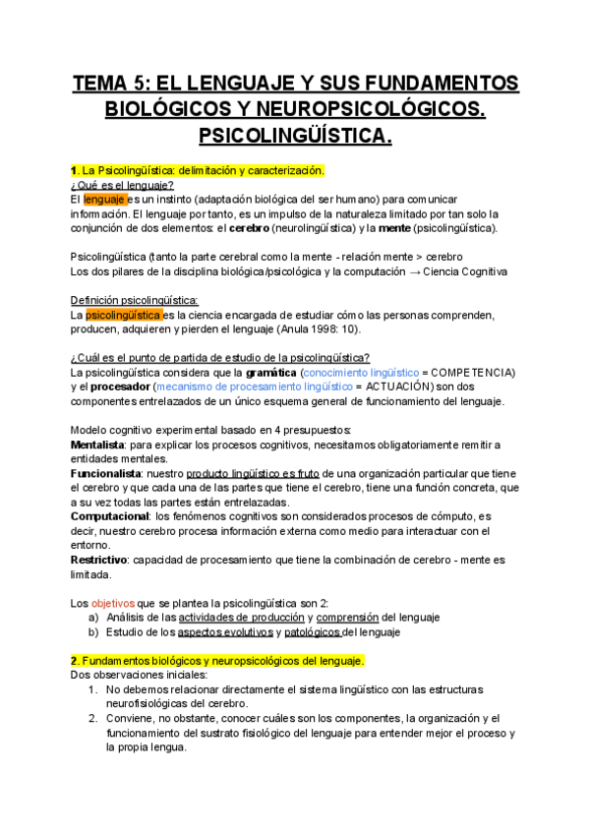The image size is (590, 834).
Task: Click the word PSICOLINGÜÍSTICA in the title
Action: pyautogui.click(x=295, y=134)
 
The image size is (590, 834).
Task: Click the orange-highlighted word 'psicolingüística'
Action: pyautogui.click(x=124, y=315)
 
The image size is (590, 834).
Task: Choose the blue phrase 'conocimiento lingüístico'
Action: pyautogui.click(x=361, y=373)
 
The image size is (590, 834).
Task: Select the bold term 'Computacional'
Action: pyautogui.click(x=109, y=516)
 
